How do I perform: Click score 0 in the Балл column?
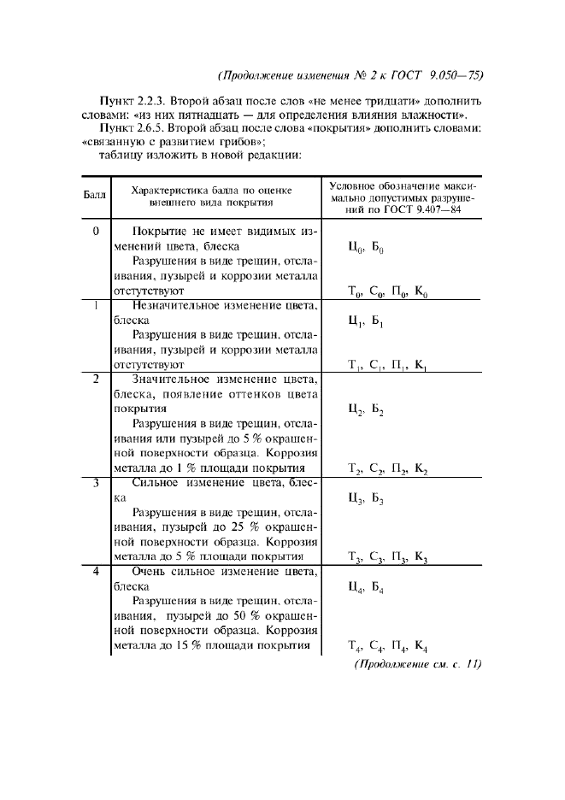click(96, 232)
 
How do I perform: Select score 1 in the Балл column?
click(96, 305)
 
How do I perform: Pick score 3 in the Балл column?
click(96, 483)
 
